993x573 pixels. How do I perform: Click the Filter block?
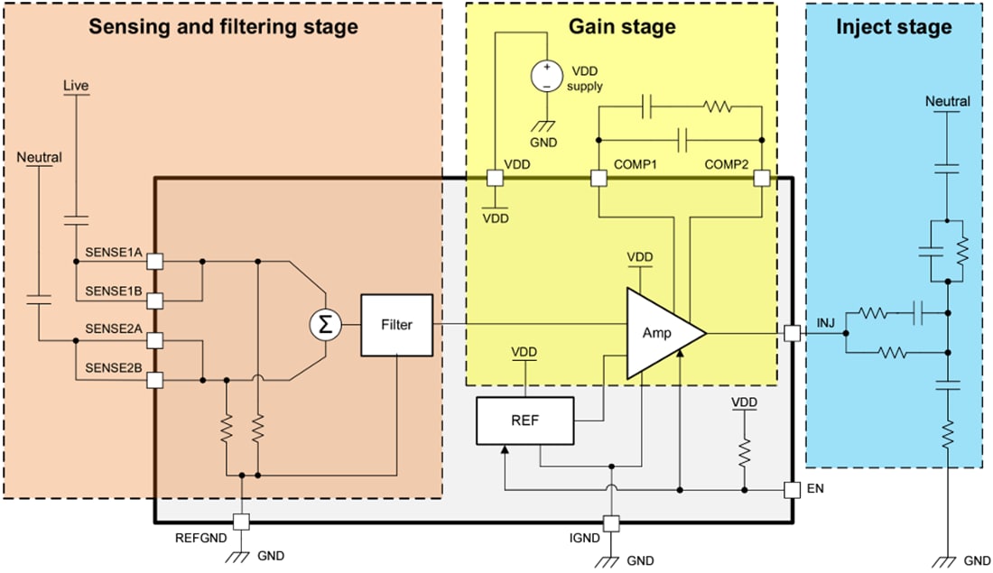[x=396, y=325]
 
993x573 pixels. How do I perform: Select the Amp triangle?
[x=659, y=333]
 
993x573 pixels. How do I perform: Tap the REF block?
[x=524, y=421]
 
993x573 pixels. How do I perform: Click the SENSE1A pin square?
[x=155, y=261]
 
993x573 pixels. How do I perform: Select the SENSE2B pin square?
[x=155, y=380]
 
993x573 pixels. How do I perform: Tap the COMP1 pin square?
[x=598, y=178]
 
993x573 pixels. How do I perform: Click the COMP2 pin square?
[x=761, y=178]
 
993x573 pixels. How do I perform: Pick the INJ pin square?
[x=792, y=333]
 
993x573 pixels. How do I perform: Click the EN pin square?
[x=792, y=491]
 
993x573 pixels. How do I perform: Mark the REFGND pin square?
[x=241, y=522]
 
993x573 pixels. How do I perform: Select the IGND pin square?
[x=611, y=522]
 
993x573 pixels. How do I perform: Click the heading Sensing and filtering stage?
[x=222, y=26]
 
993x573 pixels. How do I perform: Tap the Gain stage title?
[x=621, y=26]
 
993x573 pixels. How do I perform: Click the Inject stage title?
[x=893, y=26]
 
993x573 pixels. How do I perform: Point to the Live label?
[x=76, y=86]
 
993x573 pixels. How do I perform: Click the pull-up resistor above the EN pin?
[x=744, y=450]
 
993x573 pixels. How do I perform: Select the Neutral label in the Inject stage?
[x=947, y=101]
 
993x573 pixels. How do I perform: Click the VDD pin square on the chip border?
[x=494, y=178]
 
